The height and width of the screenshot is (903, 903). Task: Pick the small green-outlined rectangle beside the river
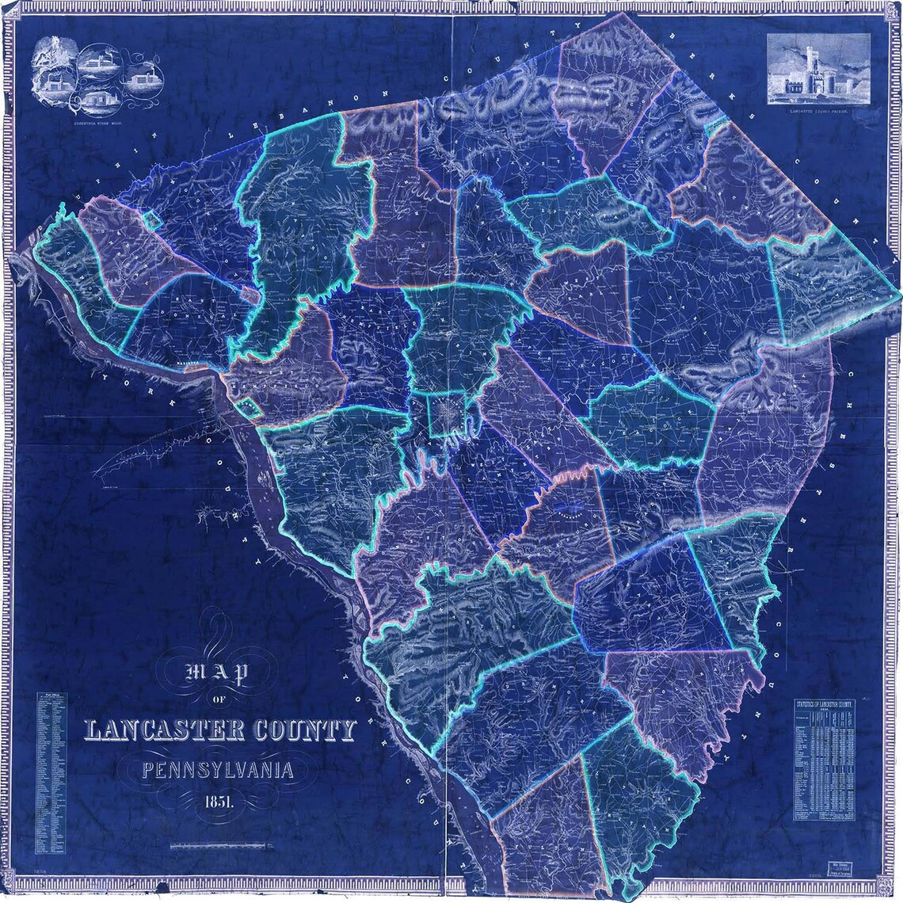(251, 407)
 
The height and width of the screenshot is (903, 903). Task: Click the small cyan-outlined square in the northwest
(152, 219)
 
